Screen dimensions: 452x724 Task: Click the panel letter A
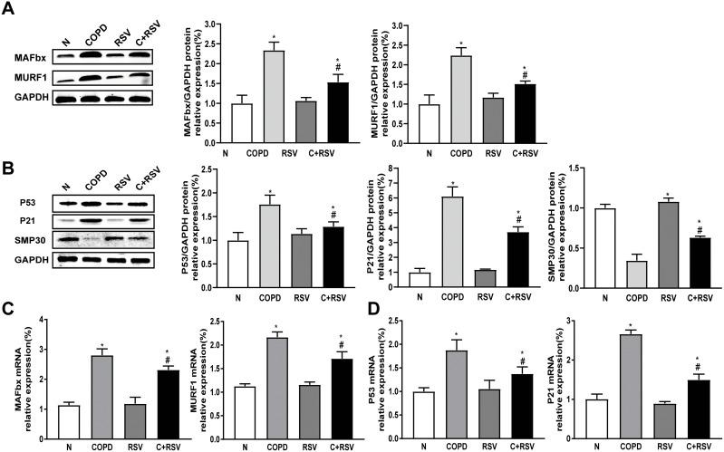pyautogui.click(x=10, y=10)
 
